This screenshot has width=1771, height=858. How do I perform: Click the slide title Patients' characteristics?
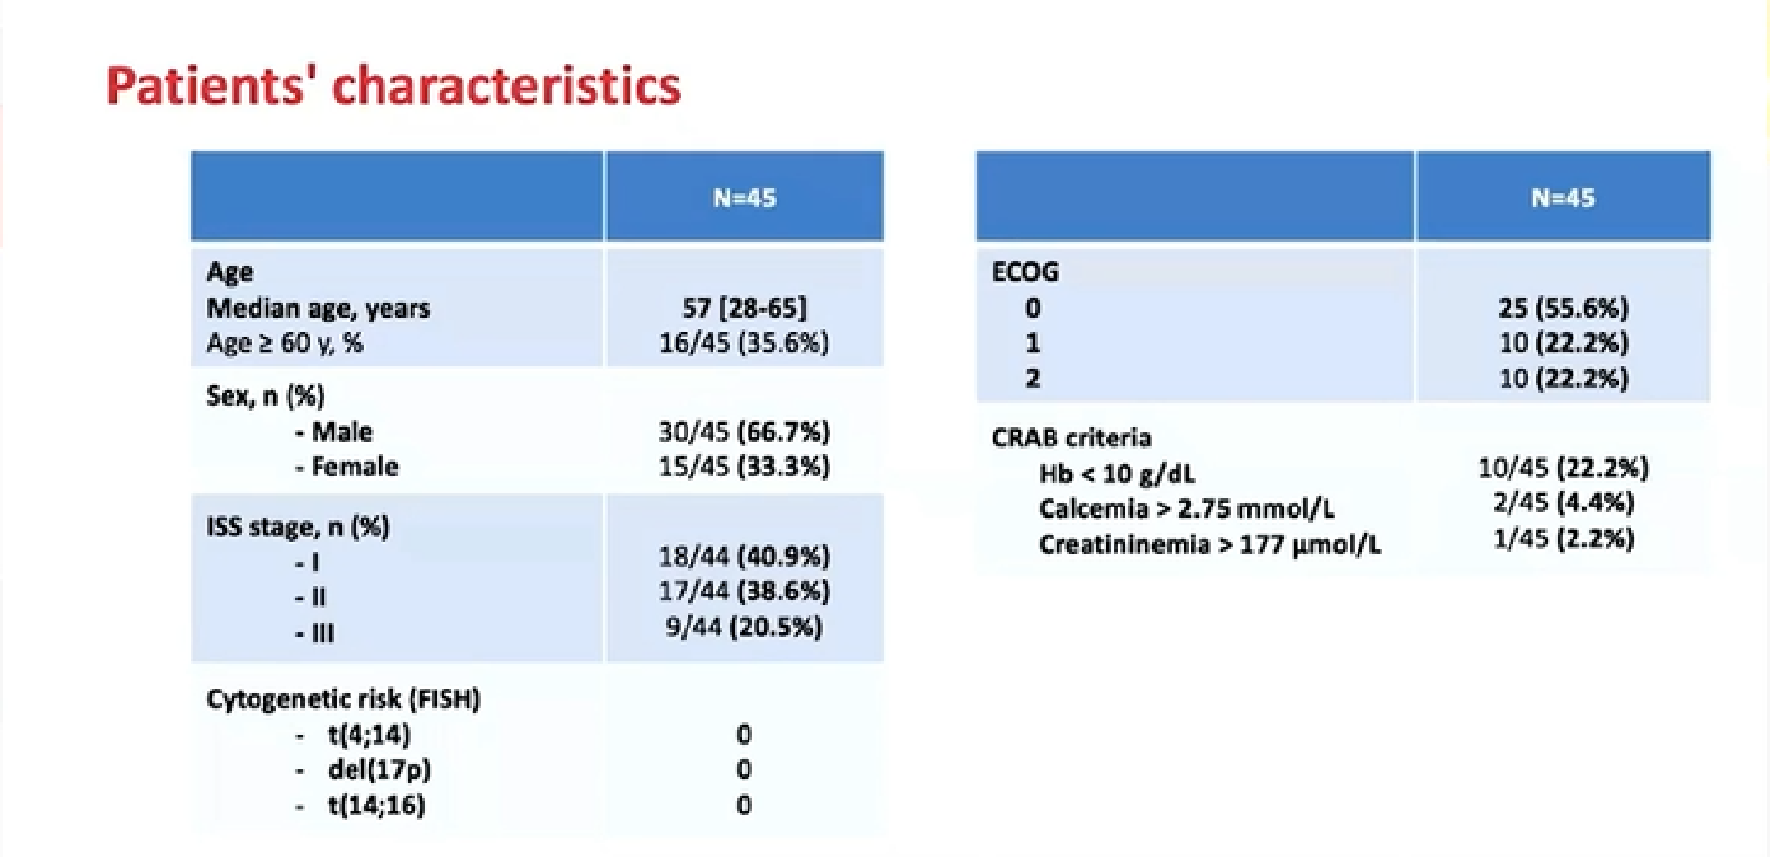click(x=393, y=85)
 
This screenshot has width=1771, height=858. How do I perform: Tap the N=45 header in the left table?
click(x=745, y=198)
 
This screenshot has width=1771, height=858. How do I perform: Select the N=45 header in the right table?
click(x=1563, y=198)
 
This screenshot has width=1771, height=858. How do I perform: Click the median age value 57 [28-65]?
click(x=744, y=308)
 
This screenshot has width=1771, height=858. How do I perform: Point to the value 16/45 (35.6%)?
click(x=744, y=343)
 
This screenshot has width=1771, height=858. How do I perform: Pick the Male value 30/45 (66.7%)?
click(x=744, y=431)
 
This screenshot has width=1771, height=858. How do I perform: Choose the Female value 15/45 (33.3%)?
click(x=744, y=466)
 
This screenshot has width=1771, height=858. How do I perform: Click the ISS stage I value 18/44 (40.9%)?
click(x=744, y=556)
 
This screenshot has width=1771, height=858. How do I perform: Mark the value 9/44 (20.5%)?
click(x=744, y=627)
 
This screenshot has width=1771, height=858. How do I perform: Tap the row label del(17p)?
click(x=380, y=769)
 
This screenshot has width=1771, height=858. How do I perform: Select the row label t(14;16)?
click(x=377, y=805)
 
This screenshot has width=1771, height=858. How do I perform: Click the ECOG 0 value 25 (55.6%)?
click(x=1563, y=308)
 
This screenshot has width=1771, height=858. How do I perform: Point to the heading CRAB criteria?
click(x=1072, y=438)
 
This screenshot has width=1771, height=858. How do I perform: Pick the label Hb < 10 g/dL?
click(x=1116, y=474)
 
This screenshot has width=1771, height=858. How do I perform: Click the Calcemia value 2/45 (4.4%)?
click(x=1563, y=503)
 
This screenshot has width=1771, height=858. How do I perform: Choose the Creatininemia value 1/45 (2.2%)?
click(x=1563, y=538)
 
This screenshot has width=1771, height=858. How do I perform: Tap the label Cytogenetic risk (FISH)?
click(x=344, y=699)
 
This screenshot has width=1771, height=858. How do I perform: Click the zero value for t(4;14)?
click(x=744, y=734)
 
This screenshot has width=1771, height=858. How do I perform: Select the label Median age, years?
click(x=318, y=309)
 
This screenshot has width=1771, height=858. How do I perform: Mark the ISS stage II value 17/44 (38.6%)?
click(x=744, y=591)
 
